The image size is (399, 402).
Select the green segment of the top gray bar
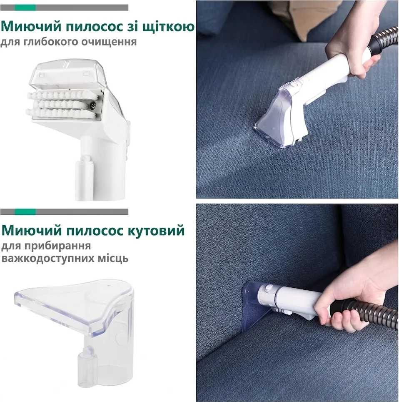click(25, 8)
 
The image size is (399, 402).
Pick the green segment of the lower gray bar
click(25, 211)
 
